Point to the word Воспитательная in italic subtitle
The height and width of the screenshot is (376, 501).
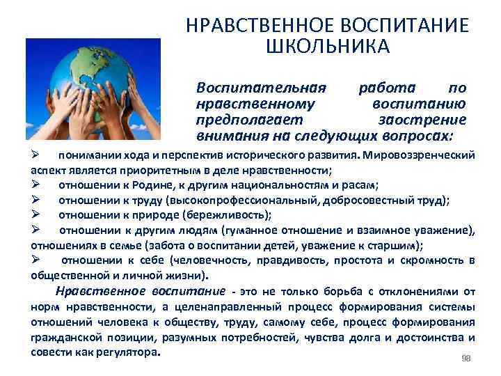262,89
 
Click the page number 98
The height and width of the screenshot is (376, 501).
467,358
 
